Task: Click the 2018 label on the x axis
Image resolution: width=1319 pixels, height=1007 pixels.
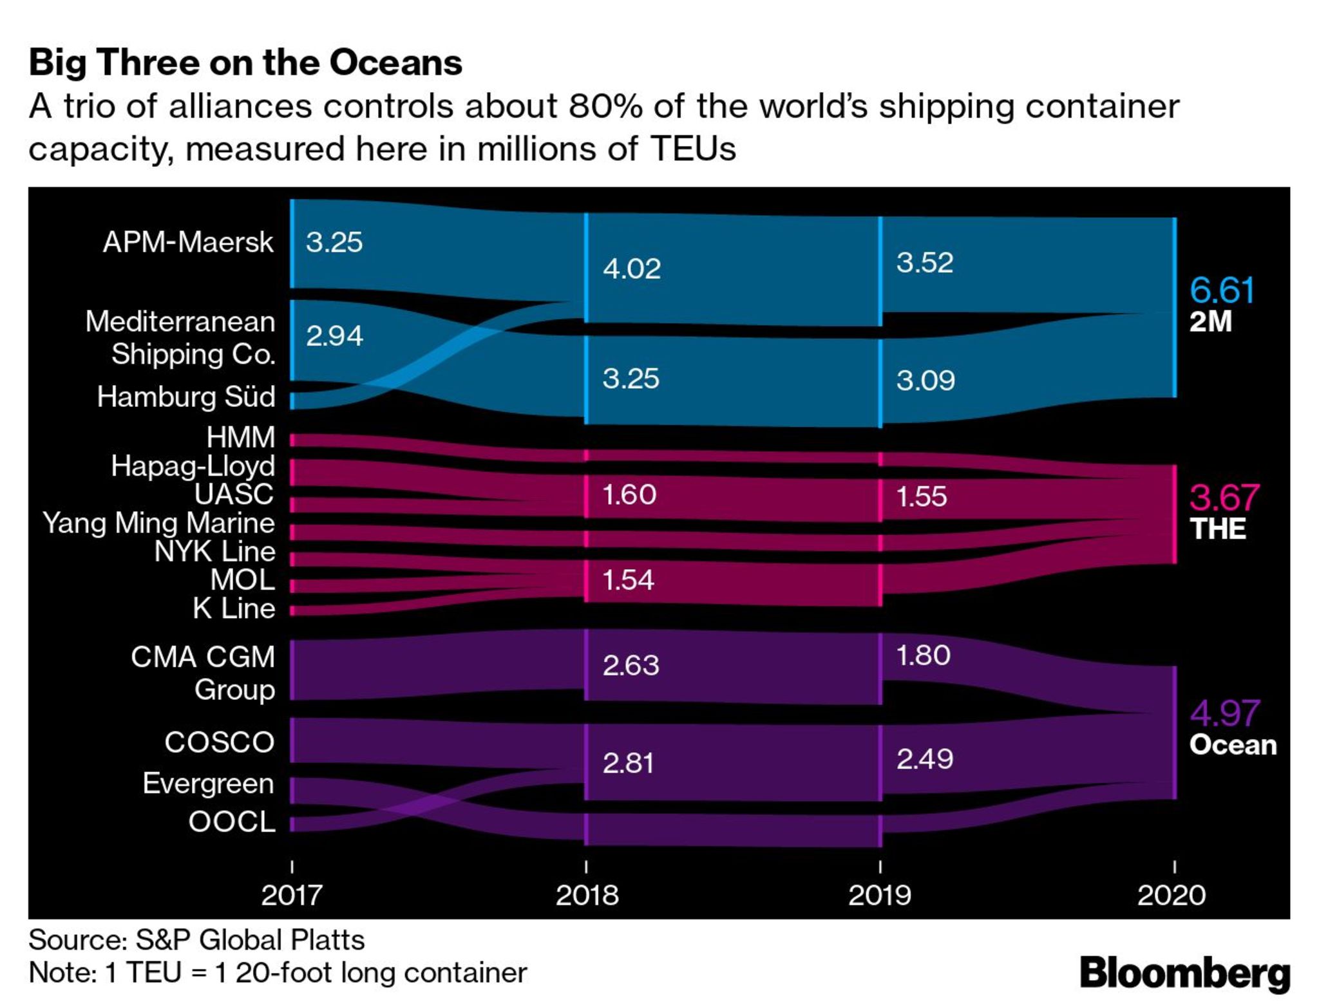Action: pyautogui.click(x=587, y=895)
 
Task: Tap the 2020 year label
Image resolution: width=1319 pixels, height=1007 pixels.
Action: pyautogui.click(x=1172, y=895)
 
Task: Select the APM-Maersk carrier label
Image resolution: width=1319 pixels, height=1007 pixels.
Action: pyautogui.click(x=188, y=242)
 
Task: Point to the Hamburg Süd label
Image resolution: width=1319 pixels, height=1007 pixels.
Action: pyautogui.click(x=186, y=397)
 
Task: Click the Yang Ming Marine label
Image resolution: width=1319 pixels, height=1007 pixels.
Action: pyautogui.click(x=158, y=522)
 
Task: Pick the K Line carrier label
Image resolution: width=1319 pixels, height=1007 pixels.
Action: pyautogui.click(x=234, y=608)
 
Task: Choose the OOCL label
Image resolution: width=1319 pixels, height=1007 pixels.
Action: pyautogui.click(x=232, y=822)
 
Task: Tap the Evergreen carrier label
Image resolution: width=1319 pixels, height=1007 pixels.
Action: pyautogui.click(x=209, y=784)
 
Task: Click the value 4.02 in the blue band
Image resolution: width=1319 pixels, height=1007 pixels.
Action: pyautogui.click(x=632, y=268)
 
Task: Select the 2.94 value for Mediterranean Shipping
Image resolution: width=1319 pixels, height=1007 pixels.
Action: pyautogui.click(x=334, y=335)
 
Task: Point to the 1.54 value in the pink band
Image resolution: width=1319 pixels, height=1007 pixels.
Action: pyautogui.click(x=629, y=580)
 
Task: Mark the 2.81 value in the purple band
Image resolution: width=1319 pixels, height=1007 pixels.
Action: pyautogui.click(x=629, y=763)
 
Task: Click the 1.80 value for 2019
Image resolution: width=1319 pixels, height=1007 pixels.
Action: pyautogui.click(x=924, y=655)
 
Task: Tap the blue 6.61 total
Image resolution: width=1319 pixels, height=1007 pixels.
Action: pyautogui.click(x=1222, y=290)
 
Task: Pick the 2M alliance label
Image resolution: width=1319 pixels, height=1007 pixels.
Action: pyautogui.click(x=1210, y=321)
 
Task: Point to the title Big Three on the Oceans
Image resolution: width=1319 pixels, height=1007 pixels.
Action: pyautogui.click(x=245, y=62)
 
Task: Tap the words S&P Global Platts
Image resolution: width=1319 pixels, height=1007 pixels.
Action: pyautogui.click(x=250, y=940)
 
